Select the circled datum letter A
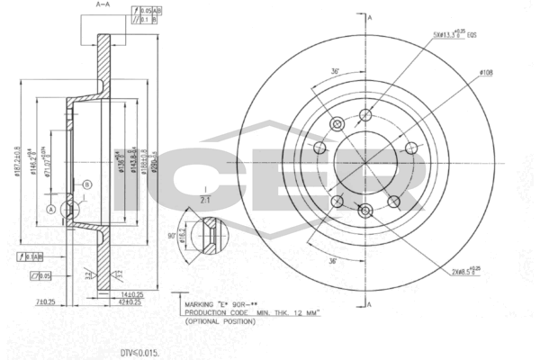click(x=52, y=210)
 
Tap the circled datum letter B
click(x=86, y=185)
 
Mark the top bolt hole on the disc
click(x=364, y=114)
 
